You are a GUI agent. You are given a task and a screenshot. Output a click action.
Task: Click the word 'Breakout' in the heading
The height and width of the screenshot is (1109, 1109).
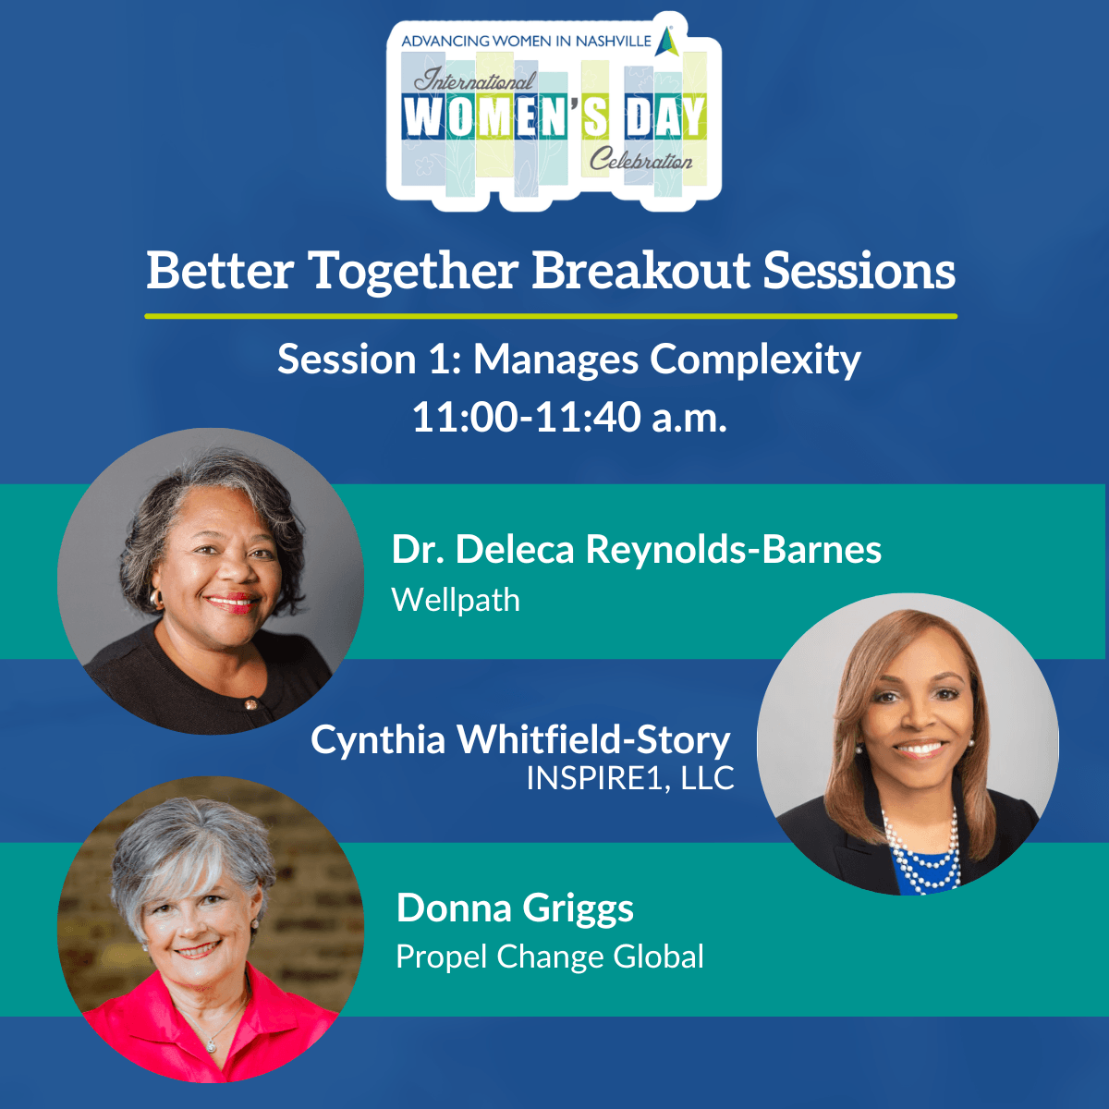pos(640,270)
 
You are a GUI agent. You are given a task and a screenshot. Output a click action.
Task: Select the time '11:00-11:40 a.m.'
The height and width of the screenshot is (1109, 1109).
pos(570,417)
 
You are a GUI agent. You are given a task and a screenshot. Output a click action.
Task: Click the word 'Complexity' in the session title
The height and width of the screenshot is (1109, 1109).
pos(755,361)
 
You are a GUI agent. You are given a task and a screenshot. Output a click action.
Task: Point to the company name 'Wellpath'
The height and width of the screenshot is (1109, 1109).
pos(456,601)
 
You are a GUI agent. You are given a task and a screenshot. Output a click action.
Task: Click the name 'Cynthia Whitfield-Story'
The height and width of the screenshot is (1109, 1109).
pos(520,740)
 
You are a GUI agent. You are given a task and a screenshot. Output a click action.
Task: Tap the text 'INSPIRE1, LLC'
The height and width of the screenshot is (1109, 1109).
pos(630,778)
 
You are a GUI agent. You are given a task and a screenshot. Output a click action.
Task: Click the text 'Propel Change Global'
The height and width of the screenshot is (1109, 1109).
pos(550,957)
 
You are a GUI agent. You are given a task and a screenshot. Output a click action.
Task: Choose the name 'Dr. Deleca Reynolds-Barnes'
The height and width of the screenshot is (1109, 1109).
pos(637,550)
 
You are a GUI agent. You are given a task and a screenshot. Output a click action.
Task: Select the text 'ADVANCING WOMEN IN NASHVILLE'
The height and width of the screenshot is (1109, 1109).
pos(526,42)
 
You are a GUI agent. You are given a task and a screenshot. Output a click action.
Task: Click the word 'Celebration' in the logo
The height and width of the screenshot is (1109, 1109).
pos(641,159)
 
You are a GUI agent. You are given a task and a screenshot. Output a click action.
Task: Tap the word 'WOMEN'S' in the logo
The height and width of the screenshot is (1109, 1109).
pos(506,116)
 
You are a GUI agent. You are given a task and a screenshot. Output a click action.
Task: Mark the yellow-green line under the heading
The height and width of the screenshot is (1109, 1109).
pos(551,316)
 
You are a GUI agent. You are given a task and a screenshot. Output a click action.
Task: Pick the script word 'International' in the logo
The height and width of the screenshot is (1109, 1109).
pos(475,80)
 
